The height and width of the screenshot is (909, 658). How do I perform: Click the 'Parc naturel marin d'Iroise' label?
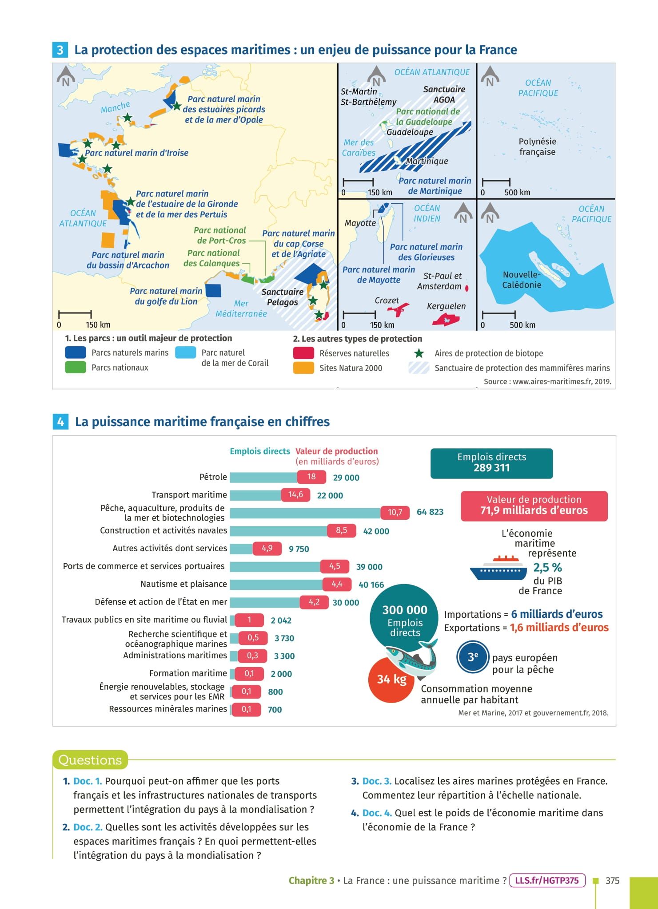(136, 153)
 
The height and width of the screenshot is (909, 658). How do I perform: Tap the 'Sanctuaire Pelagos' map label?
(282, 297)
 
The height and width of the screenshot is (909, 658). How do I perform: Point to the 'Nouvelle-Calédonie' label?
(522, 280)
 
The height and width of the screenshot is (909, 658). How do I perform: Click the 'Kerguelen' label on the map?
(446, 306)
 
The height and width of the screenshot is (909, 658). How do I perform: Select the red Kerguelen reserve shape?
(446, 320)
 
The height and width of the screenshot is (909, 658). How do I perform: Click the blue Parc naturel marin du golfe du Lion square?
(213, 290)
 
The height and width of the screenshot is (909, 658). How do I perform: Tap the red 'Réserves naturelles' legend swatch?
(303, 353)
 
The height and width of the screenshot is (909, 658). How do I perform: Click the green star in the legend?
(419, 353)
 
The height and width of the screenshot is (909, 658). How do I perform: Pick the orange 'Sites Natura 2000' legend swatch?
(303, 368)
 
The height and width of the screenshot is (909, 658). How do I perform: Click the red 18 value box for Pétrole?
(311, 477)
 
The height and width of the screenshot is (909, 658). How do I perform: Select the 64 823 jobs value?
(430, 512)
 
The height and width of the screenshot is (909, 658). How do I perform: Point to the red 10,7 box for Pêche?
(395, 512)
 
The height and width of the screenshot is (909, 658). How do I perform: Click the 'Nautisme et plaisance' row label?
(183, 584)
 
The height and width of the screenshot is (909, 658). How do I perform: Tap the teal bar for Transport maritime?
(255, 495)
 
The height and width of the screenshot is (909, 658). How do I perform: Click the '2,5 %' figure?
(547, 568)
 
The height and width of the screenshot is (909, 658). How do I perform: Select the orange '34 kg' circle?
(391, 680)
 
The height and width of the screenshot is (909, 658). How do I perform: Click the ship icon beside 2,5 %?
(498, 569)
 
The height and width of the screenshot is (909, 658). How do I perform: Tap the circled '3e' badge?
(472, 657)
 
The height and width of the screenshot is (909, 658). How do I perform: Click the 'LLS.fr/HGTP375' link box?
(547, 881)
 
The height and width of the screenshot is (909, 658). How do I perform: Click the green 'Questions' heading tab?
(90, 760)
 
